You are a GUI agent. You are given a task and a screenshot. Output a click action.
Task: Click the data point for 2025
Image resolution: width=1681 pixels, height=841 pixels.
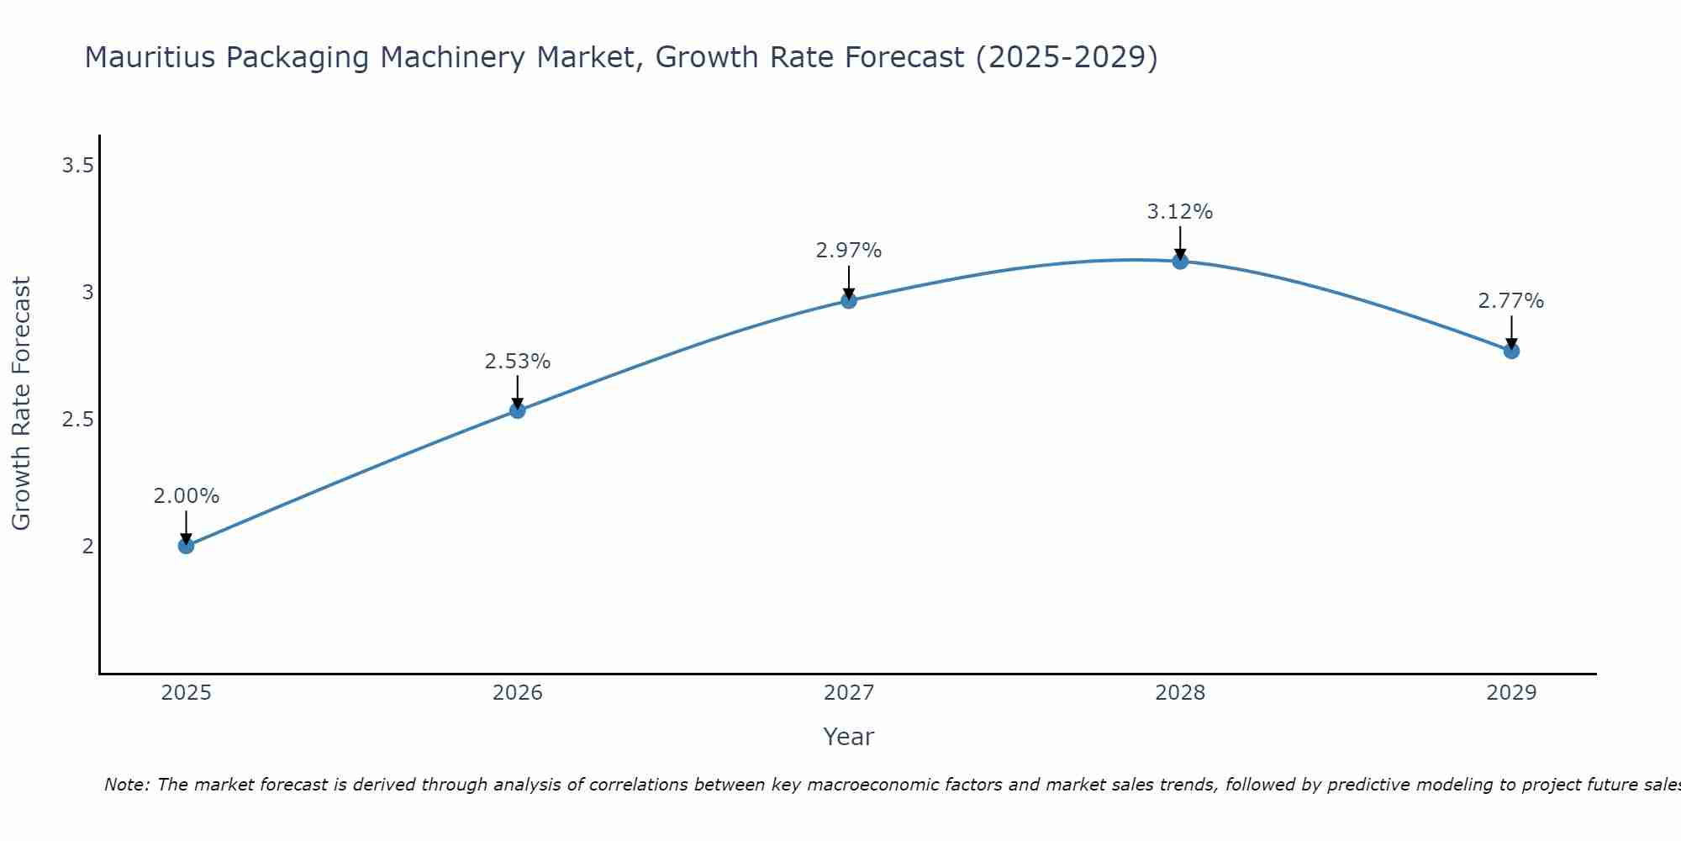pyautogui.click(x=186, y=546)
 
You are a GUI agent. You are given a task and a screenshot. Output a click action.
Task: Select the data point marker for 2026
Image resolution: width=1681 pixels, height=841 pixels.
pyautogui.click(x=518, y=410)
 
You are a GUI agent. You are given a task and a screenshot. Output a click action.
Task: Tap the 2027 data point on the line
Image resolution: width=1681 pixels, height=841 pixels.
pyautogui.click(x=849, y=300)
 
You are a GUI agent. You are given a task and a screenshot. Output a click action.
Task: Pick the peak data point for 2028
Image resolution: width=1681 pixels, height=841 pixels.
pyautogui.click(x=1180, y=262)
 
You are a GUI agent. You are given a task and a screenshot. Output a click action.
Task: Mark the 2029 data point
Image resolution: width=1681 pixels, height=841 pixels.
pyautogui.click(x=1511, y=351)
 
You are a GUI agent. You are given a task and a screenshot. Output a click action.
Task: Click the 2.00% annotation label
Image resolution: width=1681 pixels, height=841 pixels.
pyautogui.click(x=186, y=496)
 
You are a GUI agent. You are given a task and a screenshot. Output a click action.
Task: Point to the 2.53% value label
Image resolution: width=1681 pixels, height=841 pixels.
pyautogui.click(x=518, y=362)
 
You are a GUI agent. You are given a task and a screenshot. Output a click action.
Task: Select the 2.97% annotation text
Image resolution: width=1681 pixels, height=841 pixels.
pyautogui.click(x=849, y=251)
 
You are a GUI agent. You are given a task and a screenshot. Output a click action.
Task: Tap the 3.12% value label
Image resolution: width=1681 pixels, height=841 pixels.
pyautogui.click(x=1180, y=212)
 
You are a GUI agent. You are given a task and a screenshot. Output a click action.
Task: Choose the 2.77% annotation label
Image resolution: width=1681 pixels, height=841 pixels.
pyautogui.click(x=1511, y=301)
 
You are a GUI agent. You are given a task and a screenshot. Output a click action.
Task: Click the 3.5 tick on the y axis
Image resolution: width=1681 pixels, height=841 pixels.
pyautogui.click(x=77, y=166)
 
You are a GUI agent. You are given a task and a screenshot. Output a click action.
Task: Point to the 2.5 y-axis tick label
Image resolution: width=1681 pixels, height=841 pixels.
pyautogui.click(x=77, y=420)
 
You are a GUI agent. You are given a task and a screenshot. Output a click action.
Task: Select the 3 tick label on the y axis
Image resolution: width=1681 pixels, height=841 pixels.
pyautogui.click(x=87, y=293)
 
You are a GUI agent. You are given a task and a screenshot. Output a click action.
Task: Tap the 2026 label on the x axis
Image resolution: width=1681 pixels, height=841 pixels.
pyautogui.click(x=518, y=693)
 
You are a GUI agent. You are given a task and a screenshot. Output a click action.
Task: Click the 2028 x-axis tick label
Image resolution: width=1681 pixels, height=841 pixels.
pyautogui.click(x=1180, y=693)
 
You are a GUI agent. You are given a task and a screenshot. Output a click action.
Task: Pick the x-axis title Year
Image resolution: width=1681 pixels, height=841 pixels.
pyautogui.click(x=849, y=737)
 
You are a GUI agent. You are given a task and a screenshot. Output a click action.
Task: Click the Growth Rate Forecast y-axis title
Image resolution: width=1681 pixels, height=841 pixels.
pyautogui.click(x=22, y=404)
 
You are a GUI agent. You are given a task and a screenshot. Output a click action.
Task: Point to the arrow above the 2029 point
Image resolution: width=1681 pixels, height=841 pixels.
pyautogui.click(x=1511, y=332)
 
